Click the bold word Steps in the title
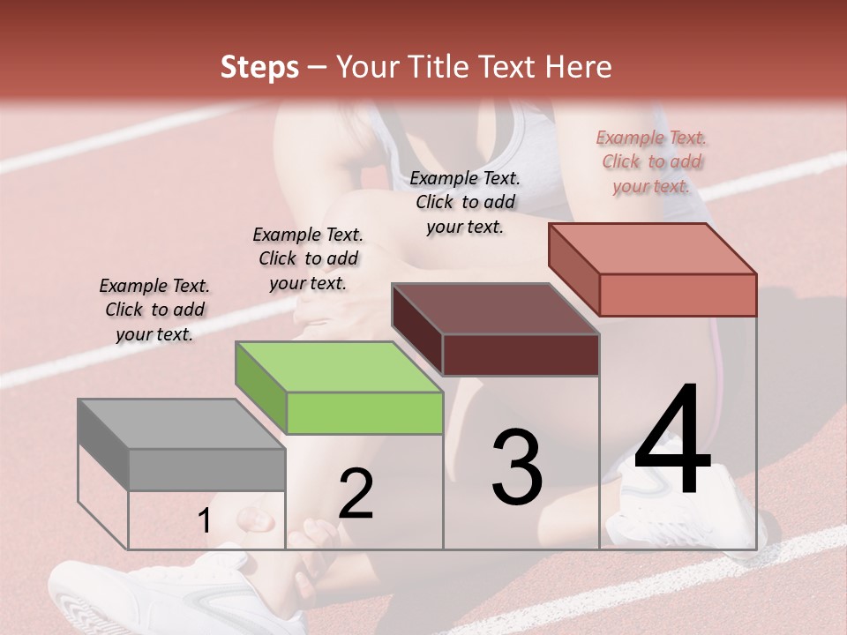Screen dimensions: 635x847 click(x=259, y=67)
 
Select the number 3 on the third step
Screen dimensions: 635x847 click(x=516, y=467)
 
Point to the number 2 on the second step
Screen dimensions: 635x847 click(x=356, y=494)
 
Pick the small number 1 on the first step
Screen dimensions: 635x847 click(x=204, y=521)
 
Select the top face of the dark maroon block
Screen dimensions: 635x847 click(x=495, y=309)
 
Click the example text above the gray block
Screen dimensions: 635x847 click(x=154, y=310)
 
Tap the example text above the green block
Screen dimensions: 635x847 click(x=308, y=258)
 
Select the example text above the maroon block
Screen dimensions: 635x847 click(x=465, y=202)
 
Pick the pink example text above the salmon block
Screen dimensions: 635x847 click(x=651, y=161)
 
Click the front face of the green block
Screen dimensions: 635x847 click(x=364, y=413)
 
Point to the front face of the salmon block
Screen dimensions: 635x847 click(x=678, y=295)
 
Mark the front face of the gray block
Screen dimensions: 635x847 click(x=206, y=469)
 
